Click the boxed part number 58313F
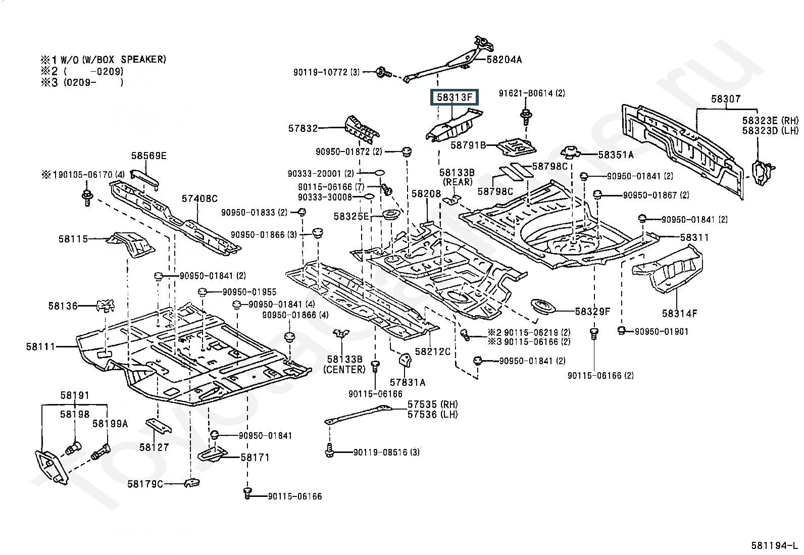point(455,97)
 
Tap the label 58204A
point(504,60)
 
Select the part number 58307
point(726,98)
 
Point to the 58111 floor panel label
point(40,347)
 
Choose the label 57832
point(303,128)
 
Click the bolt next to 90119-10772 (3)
point(381,72)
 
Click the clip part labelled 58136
point(106,306)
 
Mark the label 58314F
point(679,314)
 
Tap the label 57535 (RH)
point(432,404)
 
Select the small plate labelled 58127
point(158,426)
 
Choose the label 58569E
point(148,156)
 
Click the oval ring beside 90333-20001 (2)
point(380,173)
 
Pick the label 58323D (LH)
point(770,130)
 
